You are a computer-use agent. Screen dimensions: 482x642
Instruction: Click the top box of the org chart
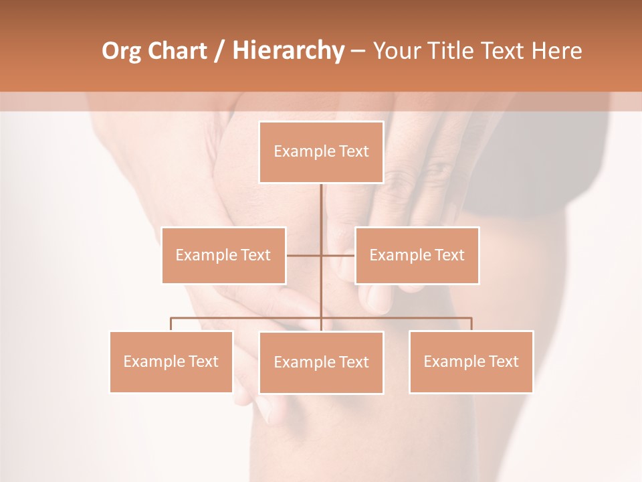pyautogui.click(x=321, y=152)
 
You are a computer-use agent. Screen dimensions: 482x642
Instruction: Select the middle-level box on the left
pyautogui.click(x=223, y=255)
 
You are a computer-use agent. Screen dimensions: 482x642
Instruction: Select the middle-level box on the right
pyautogui.click(x=417, y=255)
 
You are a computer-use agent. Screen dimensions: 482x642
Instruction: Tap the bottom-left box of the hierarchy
pyautogui.click(x=171, y=361)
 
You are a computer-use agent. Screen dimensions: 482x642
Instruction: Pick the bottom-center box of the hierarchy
pyautogui.click(x=321, y=362)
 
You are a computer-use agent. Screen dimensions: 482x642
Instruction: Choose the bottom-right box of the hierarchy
pyautogui.click(x=471, y=361)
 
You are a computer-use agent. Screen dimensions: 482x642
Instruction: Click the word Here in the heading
pyautogui.click(x=557, y=51)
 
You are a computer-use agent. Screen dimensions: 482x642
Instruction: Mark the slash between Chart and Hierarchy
pyautogui.click(x=220, y=51)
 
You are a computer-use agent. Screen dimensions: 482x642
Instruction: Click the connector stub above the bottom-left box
pyautogui.click(x=171, y=324)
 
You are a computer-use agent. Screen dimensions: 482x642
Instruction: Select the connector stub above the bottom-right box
pyautogui.click(x=471, y=324)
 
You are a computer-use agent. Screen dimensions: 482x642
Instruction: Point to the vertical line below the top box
pyautogui.click(x=321, y=214)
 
